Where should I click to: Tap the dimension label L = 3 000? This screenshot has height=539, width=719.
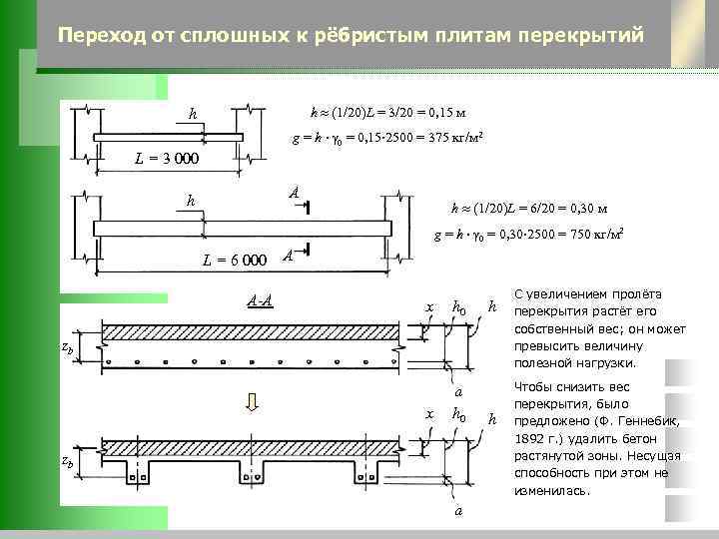(x=167, y=160)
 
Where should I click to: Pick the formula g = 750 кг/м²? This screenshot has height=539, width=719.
(x=528, y=236)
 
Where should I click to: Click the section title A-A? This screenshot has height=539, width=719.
(x=261, y=299)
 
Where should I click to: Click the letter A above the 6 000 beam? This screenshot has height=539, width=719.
(x=293, y=192)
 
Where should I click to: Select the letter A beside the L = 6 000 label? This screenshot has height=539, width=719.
(x=287, y=256)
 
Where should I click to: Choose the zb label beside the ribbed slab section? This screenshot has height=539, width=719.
(x=67, y=461)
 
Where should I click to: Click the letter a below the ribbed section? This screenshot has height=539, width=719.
(x=457, y=511)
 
